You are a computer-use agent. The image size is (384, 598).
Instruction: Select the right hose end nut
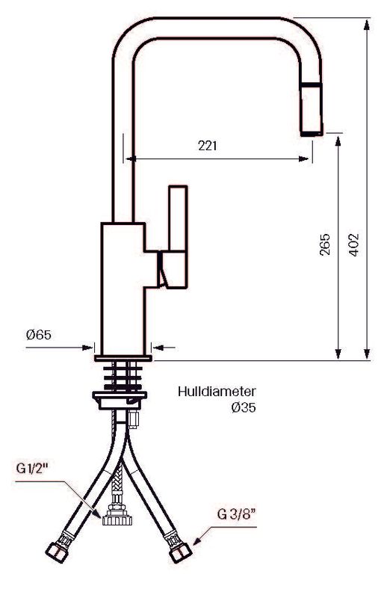click(x=179, y=554)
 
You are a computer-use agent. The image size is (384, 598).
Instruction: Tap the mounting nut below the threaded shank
click(x=120, y=399)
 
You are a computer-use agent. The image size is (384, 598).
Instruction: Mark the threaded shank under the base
click(x=124, y=376)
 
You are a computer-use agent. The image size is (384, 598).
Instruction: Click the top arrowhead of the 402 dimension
click(x=368, y=23)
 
